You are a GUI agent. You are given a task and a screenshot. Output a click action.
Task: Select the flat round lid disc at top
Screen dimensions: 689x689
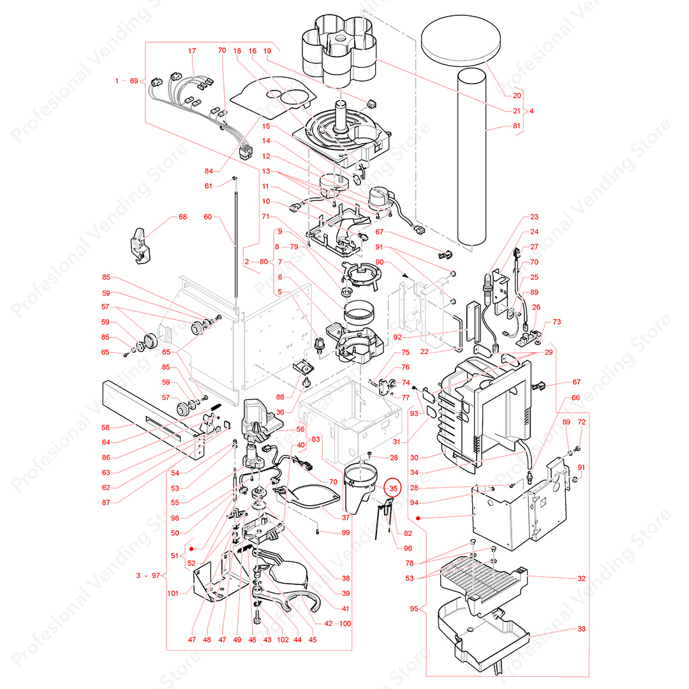463,40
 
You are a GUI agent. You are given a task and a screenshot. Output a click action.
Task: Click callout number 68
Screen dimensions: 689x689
183,217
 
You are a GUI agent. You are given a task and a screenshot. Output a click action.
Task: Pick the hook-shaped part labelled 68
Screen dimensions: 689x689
140,244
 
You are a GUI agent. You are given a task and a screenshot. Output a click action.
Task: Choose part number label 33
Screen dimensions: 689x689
581,629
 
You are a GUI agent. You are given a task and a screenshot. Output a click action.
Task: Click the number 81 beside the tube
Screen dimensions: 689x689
517,126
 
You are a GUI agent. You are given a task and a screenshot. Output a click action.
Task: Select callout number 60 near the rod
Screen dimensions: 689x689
207,217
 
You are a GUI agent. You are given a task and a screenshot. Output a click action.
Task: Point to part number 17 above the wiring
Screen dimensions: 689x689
191,51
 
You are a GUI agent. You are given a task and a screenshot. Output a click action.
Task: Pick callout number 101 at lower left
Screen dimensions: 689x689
172,593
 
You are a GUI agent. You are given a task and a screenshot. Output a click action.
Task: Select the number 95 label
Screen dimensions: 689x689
414,609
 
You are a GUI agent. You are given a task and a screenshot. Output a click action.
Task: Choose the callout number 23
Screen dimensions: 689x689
534,217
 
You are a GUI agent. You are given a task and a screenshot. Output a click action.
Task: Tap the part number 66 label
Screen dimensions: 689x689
575,397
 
